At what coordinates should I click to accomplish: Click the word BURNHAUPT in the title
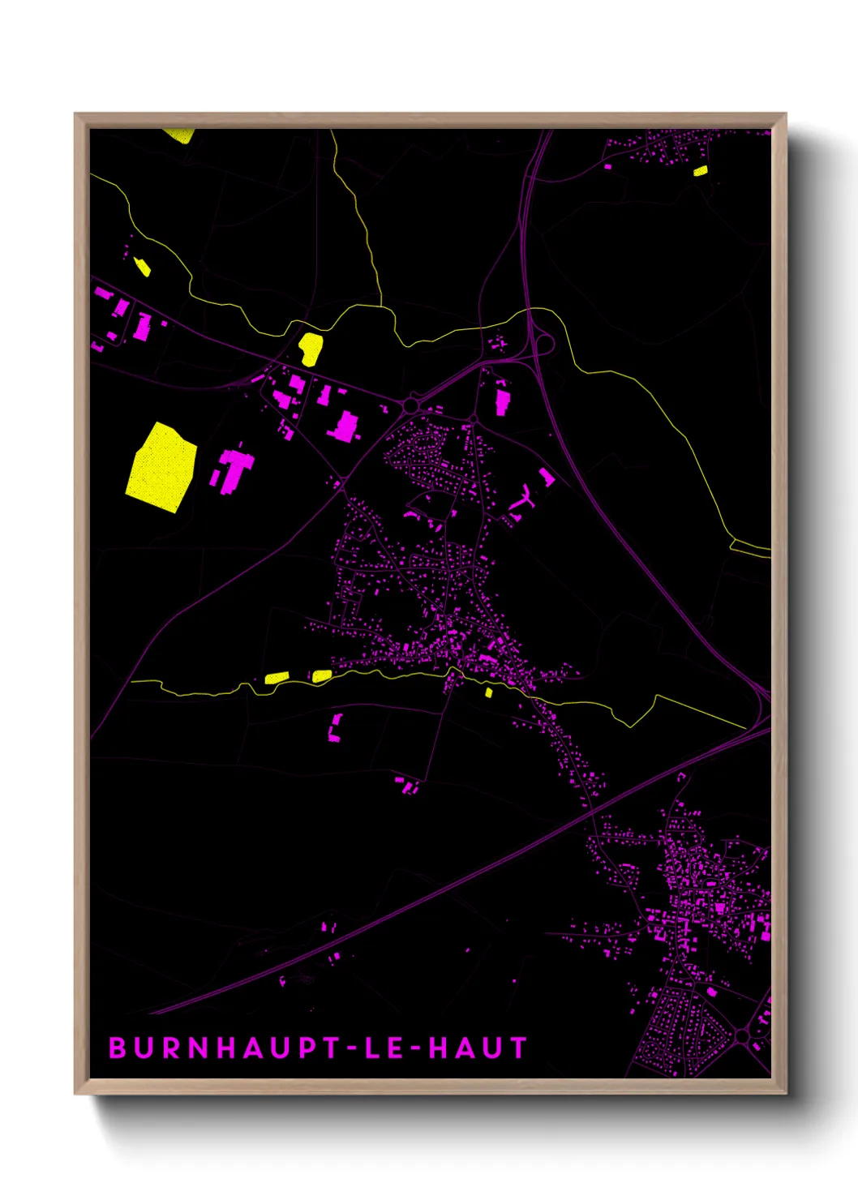[217, 1048]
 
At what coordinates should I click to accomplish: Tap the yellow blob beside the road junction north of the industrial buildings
[311, 348]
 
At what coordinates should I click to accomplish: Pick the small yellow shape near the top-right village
[701, 170]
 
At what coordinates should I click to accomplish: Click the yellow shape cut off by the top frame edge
[179, 135]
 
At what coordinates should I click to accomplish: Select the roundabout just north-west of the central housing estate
[411, 404]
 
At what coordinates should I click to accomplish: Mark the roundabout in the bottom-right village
[742, 1035]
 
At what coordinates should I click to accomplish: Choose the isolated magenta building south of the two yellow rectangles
[334, 728]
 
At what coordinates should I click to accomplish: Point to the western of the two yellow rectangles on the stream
[277, 678]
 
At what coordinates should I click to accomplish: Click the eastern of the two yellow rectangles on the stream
[321, 675]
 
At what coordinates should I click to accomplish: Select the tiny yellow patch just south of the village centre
[489, 692]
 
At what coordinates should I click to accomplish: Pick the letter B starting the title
[118, 1048]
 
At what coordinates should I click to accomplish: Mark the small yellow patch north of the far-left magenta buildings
[142, 266]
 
